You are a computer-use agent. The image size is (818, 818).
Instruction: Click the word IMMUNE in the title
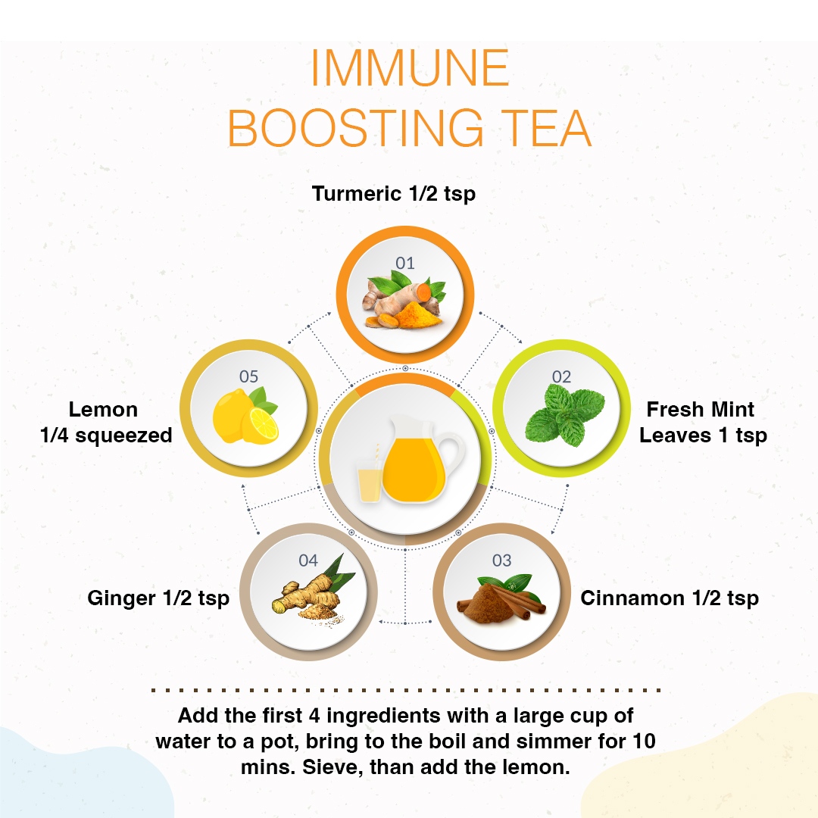410,68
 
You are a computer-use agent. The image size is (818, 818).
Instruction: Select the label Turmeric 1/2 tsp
394,194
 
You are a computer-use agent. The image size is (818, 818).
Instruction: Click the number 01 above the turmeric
404,263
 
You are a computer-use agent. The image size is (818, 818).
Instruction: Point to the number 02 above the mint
561,376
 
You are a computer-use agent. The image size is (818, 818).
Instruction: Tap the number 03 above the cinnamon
502,560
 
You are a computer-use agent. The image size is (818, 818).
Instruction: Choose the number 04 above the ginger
308,560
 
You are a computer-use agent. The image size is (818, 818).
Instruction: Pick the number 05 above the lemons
249,376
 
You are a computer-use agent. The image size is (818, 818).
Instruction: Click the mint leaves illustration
565,415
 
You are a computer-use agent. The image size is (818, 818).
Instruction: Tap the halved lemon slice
262,423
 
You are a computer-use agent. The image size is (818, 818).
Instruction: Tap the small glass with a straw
370,480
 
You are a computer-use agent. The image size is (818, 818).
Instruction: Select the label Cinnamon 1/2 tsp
670,598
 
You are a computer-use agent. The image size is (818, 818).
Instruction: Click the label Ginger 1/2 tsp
158,598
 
